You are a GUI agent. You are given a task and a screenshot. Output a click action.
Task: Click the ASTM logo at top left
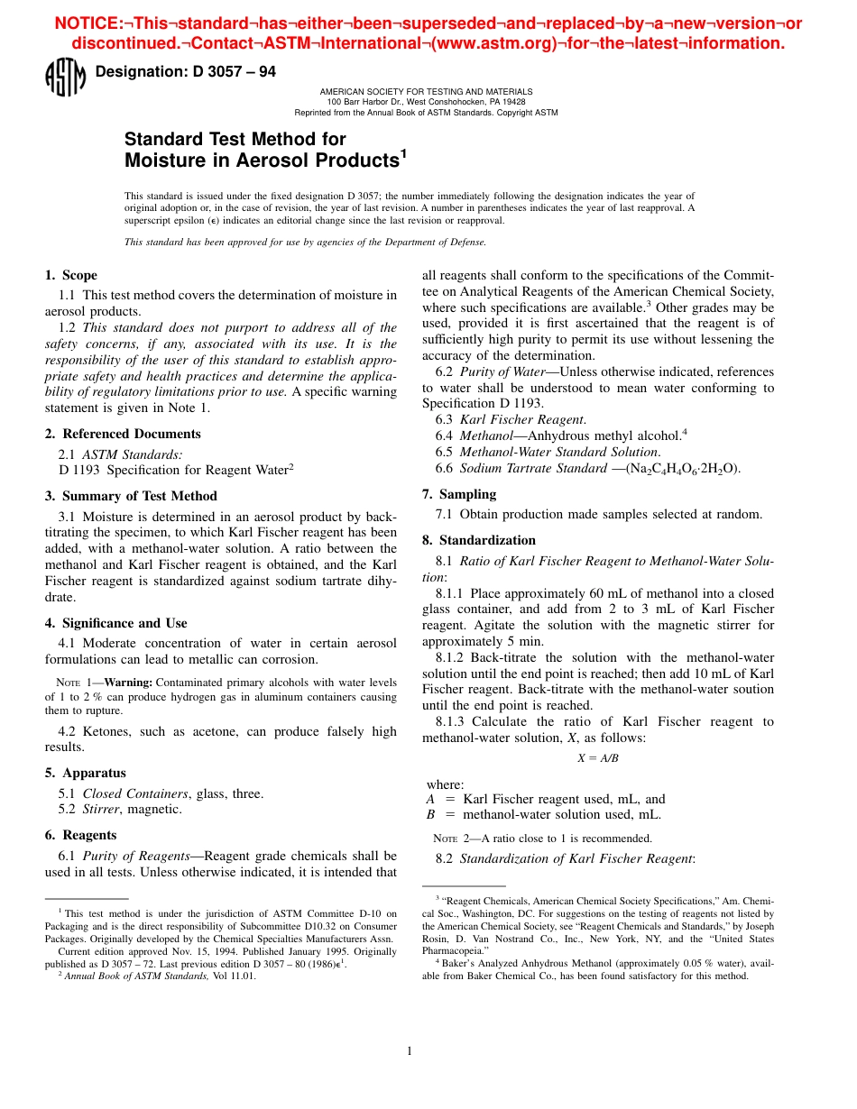point(64,78)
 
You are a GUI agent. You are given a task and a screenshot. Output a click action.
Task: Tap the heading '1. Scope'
point(71,275)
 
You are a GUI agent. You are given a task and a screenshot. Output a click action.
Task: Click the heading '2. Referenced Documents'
point(123,434)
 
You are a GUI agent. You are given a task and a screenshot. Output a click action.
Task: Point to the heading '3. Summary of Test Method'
point(131,496)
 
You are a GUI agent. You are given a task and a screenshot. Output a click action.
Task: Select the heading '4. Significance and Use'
point(116,623)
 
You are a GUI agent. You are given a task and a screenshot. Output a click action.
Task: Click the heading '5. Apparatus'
point(86,773)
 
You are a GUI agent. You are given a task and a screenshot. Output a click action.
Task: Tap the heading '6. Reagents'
point(81,835)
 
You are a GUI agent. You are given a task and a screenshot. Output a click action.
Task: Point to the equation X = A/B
point(598,758)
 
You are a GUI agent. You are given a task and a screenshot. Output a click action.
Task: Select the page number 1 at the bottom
point(410,1050)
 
